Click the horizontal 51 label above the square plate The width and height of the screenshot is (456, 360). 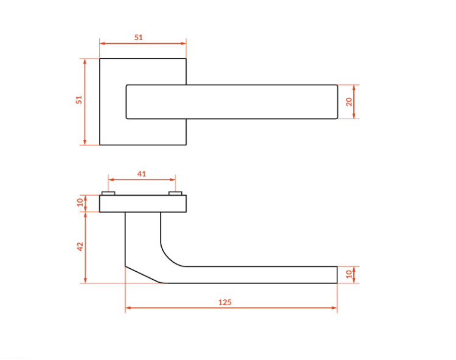click(139, 37)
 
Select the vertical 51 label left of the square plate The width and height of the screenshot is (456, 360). click(79, 100)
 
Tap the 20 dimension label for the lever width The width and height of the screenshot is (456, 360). click(349, 102)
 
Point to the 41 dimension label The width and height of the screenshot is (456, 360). click(142, 174)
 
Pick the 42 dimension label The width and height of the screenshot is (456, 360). click(80, 247)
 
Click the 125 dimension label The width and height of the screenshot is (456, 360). click(225, 302)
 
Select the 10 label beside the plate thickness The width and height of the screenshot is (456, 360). click(80, 202)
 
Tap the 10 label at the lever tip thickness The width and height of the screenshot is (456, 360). click(349, 274)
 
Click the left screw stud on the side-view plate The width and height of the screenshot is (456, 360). click(108, 193)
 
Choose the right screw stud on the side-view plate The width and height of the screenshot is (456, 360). click(175, 193)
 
